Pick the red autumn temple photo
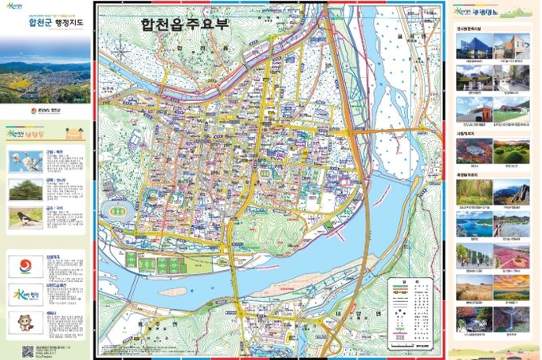click(x=473, y=319)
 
